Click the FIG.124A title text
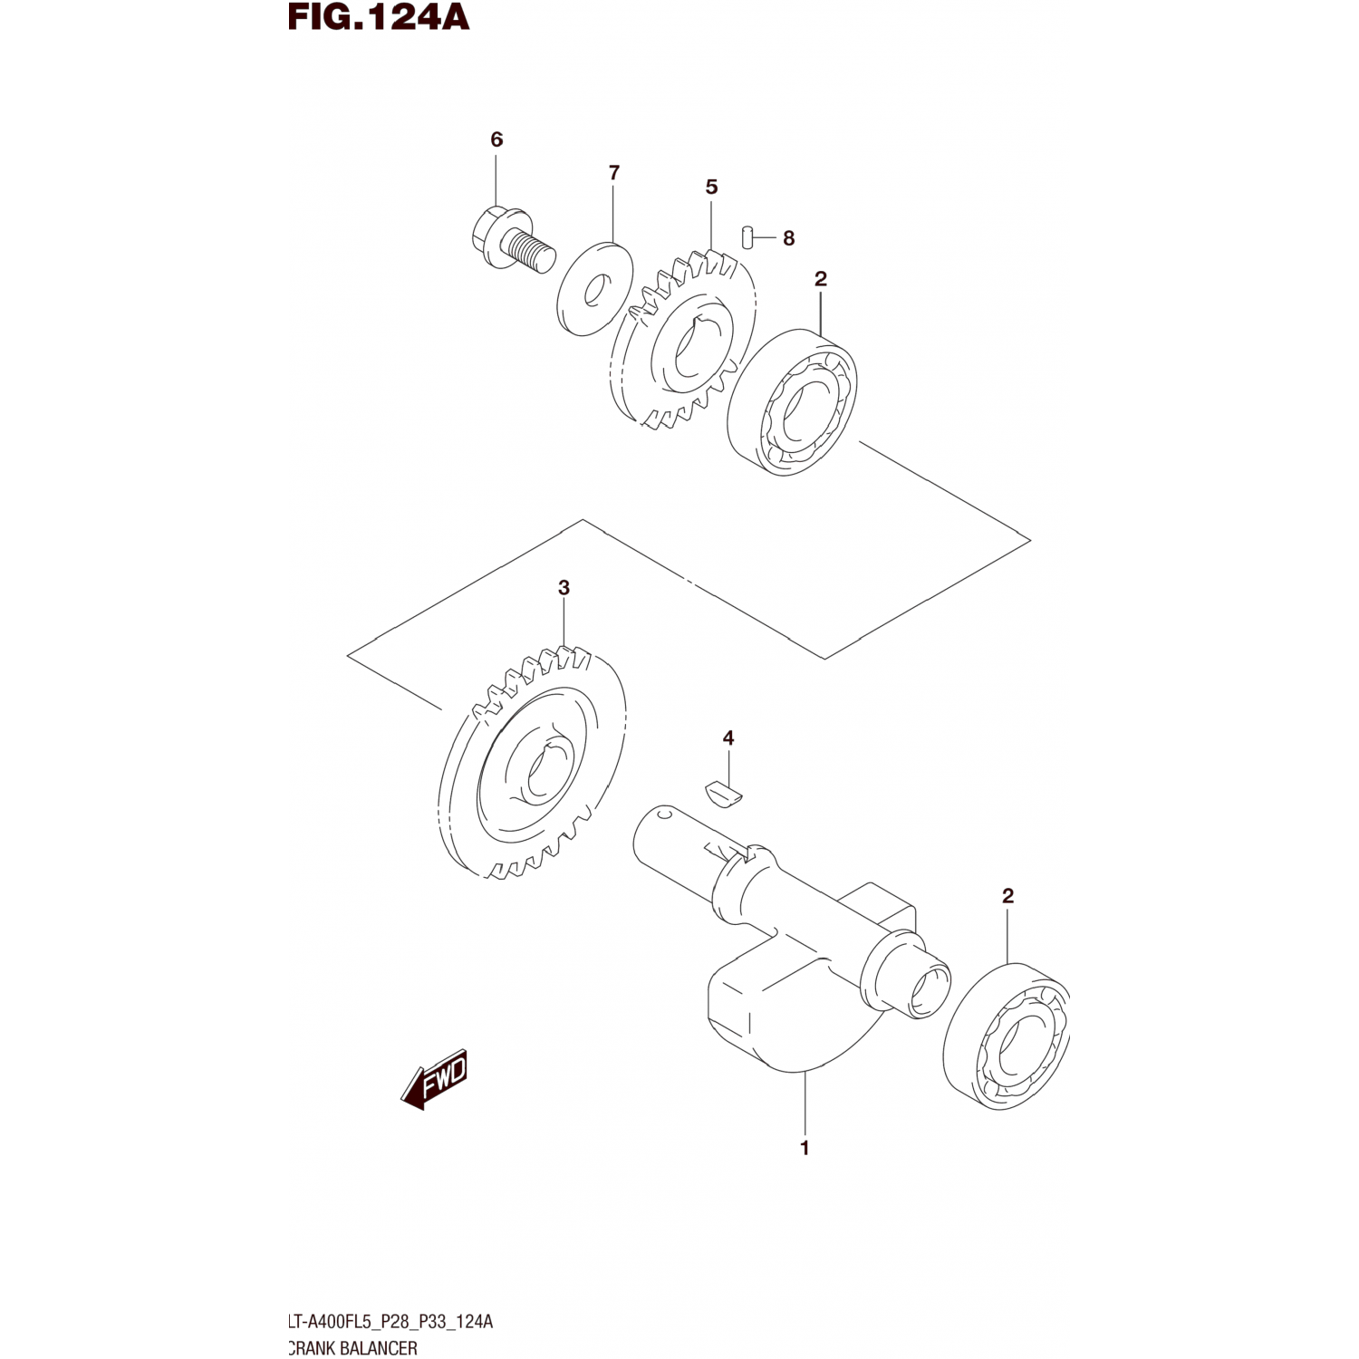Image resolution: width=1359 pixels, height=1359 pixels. pos(379,16)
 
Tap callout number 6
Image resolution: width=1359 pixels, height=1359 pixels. pos(496,140)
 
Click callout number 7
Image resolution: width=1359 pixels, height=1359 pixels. pos(614,172)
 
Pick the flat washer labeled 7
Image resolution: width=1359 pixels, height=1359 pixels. pos(595,288)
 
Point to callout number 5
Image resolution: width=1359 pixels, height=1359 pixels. pos(711,187)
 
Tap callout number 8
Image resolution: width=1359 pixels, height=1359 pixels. pos(788,238)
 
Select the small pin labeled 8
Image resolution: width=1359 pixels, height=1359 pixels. pos(747,236)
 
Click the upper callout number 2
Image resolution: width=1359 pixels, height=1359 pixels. pos(820,279)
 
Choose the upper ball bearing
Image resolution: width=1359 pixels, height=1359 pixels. pos(793,403)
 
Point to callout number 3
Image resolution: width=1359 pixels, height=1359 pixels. pos(564,588)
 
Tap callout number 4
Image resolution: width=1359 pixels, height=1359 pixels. pos(728,739)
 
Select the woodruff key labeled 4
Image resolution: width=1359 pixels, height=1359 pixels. pos(725,792)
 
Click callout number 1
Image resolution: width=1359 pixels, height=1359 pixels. pos(804,1148)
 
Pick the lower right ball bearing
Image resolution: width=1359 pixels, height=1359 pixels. pos(1007,1037)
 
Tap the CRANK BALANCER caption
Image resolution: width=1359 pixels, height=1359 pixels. pos(353,1348)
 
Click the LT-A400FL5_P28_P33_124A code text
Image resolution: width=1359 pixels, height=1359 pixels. pos(390,1322)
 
